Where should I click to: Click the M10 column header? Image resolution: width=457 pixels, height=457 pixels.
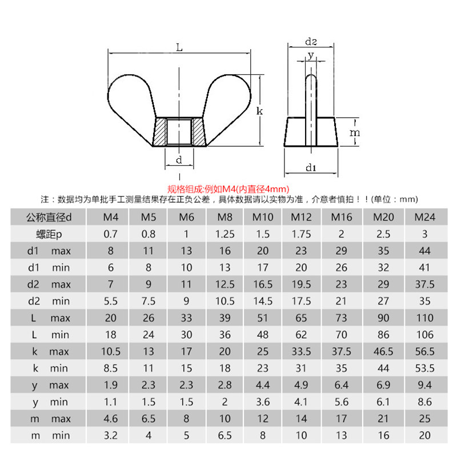[x=263, y=217]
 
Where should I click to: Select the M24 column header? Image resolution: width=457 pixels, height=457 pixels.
[x=424, y=217]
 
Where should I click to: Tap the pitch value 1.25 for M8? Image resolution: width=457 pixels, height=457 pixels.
[x=225, y=234]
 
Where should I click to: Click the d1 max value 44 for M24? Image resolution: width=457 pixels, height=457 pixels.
[x=424, y=251]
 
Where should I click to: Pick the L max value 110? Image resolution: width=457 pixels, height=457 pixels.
[x=424, y=318]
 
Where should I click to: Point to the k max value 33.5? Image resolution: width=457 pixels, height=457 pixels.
[x=301, y=351]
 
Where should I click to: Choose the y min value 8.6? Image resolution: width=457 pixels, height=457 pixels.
[x=424, y=402]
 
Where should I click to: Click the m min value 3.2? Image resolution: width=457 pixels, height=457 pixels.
[x=111, y=435]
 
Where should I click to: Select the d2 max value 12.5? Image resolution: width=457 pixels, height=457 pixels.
[x=225, y=284]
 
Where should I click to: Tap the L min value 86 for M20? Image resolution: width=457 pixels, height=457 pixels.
[x=383, y=335]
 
